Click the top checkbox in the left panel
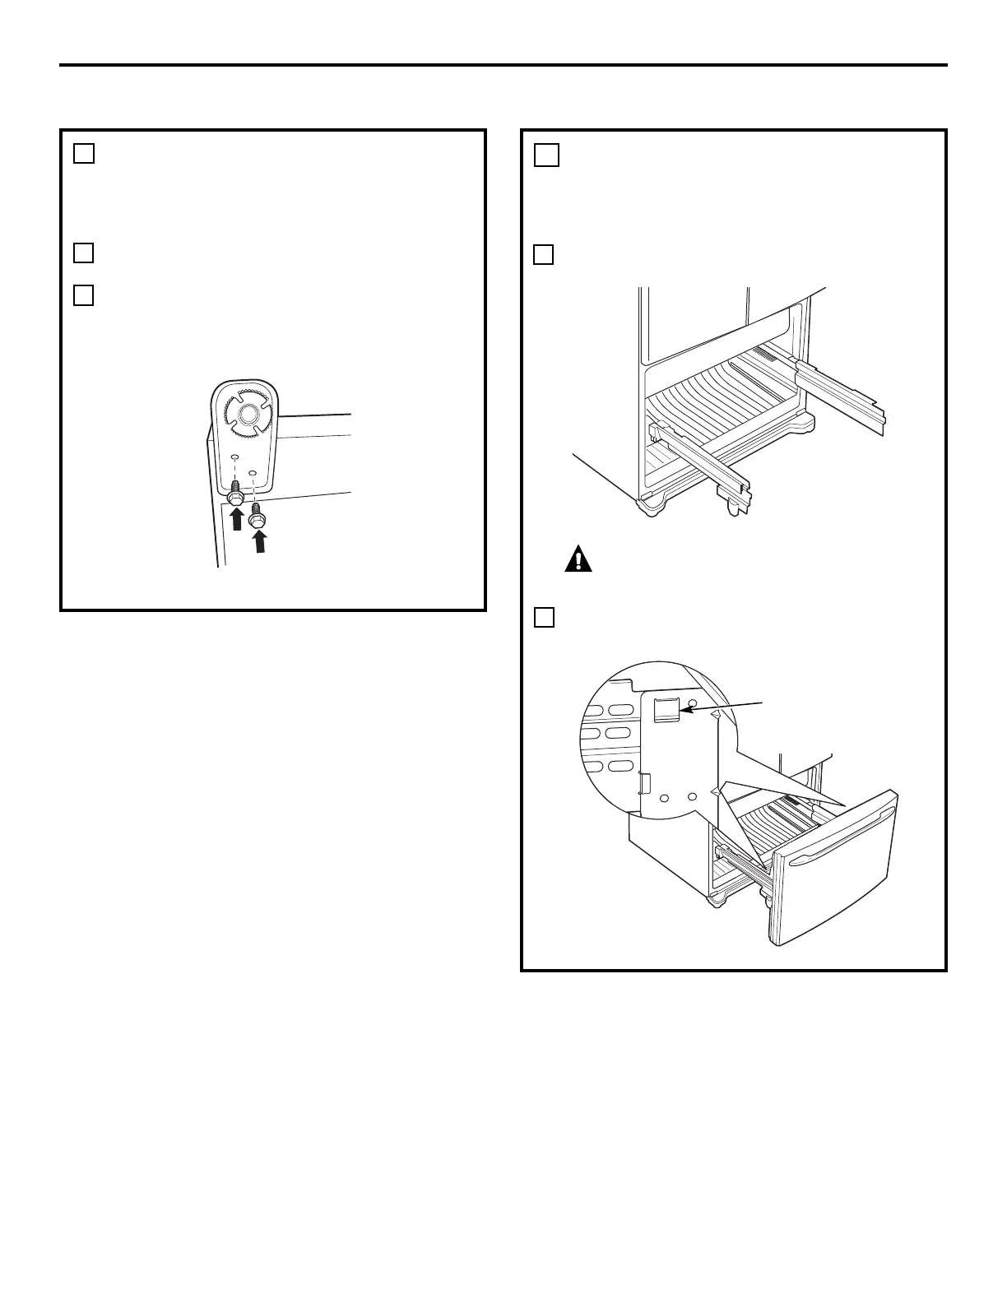(x=83, y=153)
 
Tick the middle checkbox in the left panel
(x=83, y=253)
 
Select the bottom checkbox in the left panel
(x=83, y=295)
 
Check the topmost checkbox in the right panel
(x=547, y=155)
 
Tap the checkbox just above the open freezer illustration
(x=543, y=255)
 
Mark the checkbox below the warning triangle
(x=543, y=617)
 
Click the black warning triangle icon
(x=578, y=559)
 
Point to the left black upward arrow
(x=237, y=519)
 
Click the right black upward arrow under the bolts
(x=260, y=540)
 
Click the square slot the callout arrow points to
(x=665, y=709)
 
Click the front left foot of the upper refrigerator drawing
(x=650, y=503)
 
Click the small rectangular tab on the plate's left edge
(x=644, y=784)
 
